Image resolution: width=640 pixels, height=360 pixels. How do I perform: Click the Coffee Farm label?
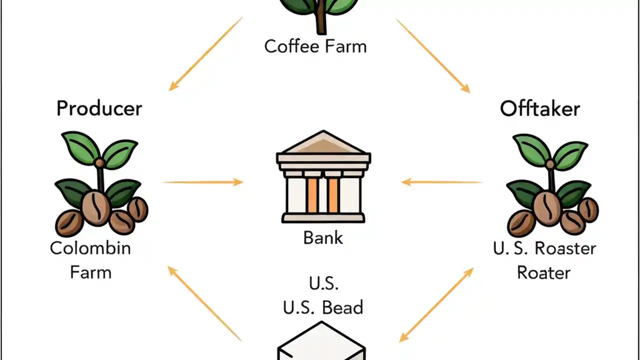pyautogui.click(x=315, y=46)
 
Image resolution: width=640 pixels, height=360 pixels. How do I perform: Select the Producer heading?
pyautogui.click(x=99, y=108)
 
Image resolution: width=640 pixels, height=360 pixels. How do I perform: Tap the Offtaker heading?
pyautogui.click(x=539, y=108)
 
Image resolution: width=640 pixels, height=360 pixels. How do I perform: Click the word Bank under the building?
pyautogui.click(x=323, y=237)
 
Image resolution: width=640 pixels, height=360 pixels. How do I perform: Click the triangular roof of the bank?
pyautogui.click(x=323, y=142)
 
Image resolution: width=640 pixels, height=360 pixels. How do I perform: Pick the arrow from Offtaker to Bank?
pyautogui.click(x=441, y=182)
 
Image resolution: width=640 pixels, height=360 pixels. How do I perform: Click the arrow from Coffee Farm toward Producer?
pyautogui.click(x=205, y=54)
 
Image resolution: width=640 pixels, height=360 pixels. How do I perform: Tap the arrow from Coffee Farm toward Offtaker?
pyautogui.click(x=433, y=55)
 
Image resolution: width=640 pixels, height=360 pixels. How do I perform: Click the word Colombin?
pyautogui.click(x=90, y=248)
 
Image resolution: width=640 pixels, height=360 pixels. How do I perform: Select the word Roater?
pyautogui.click(x=543, y=273)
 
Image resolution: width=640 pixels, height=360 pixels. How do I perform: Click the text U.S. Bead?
pyautogui.click(x=323, y=307)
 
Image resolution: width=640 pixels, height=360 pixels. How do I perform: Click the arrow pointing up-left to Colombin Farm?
pyautogui.click(x=204, y=303)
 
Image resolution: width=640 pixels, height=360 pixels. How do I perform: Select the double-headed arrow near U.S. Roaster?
pyautogui.click(x=436, y=305)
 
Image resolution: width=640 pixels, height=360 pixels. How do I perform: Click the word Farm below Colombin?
pyautogui.click(x=90, y=273)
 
